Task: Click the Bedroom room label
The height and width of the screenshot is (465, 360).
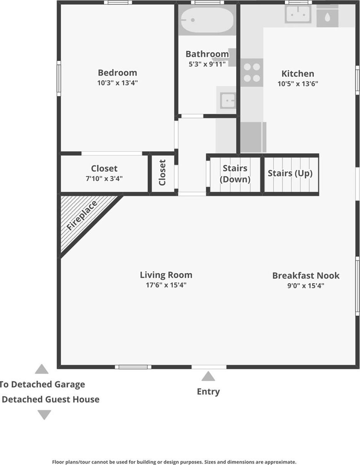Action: pyautogui.click(x=117, y=73)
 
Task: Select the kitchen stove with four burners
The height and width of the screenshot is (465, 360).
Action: pyautogui.click(x=252, y=73)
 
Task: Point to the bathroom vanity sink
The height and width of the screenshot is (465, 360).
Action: pyautogui.click(x=228, y=101)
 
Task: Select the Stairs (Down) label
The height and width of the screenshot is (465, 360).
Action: pyautogui.click(x=235, y=174)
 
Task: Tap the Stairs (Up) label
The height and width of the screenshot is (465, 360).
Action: pyautogui.click(x=290, y=173)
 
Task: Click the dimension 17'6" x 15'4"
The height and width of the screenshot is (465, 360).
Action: pyautogui.click(x=166, y=285)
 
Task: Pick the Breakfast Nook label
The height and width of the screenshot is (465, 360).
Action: pyautogui.click(x=306, y=276)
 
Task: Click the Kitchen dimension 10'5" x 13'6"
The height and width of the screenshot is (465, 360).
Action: pyautogui.click(x=298, y=84)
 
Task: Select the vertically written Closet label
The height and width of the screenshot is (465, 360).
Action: pyautogui.click(x=162, y=173)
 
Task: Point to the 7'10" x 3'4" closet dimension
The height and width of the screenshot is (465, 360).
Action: pyautogui.click(x=104, y=178)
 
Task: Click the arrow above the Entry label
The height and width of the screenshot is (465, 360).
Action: pyautogui.click(x=208, y=376)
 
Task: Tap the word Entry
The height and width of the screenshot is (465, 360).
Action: pyautogui.click(x=208, y=392)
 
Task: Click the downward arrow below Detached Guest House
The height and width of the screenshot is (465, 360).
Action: pyautogui.click(x=44, y=415)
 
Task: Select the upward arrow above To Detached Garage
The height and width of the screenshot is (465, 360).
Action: pyautogui.click(x=42, y=369)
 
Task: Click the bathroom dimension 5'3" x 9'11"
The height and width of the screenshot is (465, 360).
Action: pyautogui.click(x=207, y=64)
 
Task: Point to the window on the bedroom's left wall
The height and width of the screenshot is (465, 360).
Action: pyautogui.click(x=59, y=78)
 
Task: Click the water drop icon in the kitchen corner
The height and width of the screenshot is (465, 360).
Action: pyautogui.click(x=327, y=17)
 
